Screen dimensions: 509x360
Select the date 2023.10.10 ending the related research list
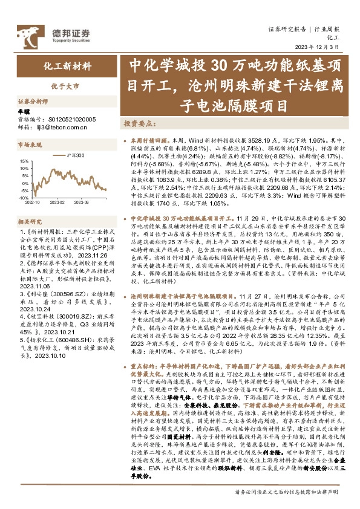53,356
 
